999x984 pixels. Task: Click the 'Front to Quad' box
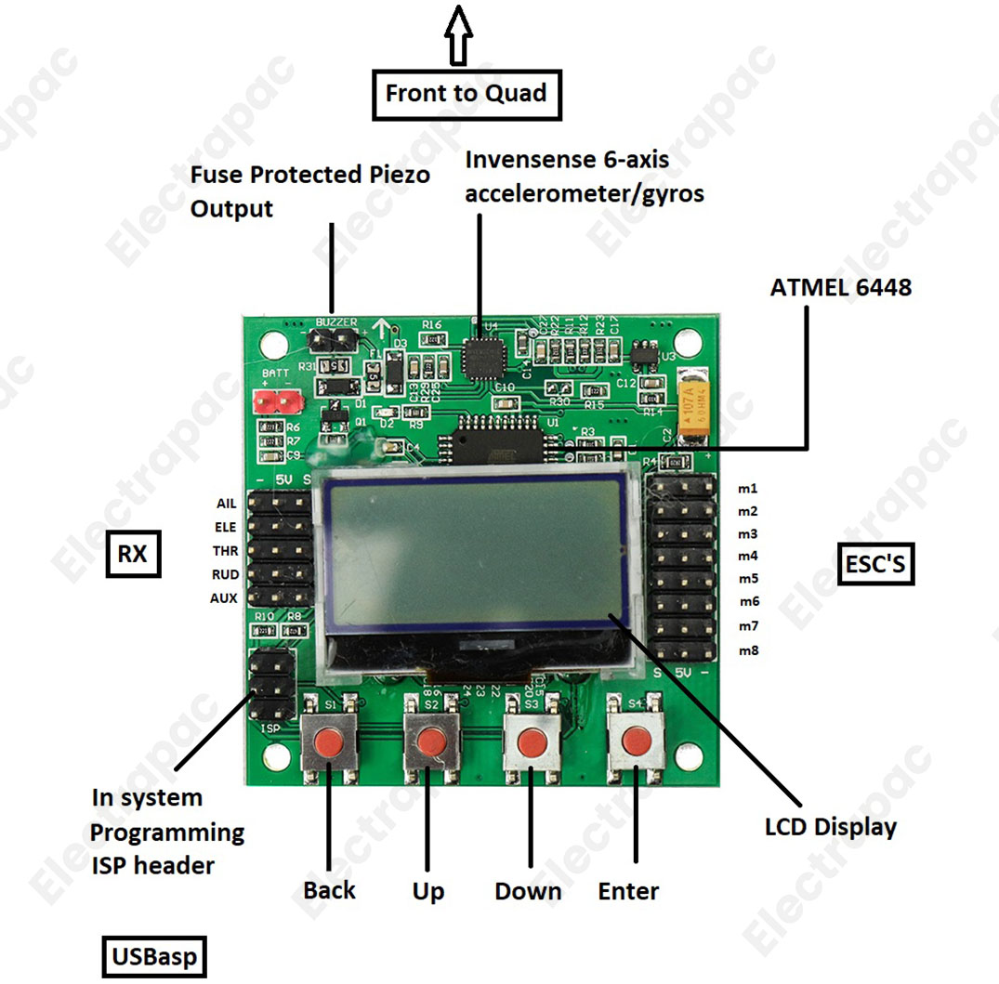click(467, 94)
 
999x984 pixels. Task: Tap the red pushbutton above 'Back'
click(329, 741)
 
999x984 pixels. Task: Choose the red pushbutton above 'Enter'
click(635, 741)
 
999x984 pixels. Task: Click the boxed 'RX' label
click(133, 555)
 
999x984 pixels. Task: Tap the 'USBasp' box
click(154, 957)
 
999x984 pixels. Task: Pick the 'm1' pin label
click(748, 488)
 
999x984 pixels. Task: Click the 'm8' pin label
click(748, 650)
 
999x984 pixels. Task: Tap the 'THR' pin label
click(225, 551)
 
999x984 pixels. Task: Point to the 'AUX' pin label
click(224, 598)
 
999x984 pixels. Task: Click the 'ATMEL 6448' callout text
click(841, 288)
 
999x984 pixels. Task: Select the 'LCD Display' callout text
click(831, 826)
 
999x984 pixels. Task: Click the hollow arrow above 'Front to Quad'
click(458, 34)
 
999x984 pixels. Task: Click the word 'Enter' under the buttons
click(628, 891)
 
